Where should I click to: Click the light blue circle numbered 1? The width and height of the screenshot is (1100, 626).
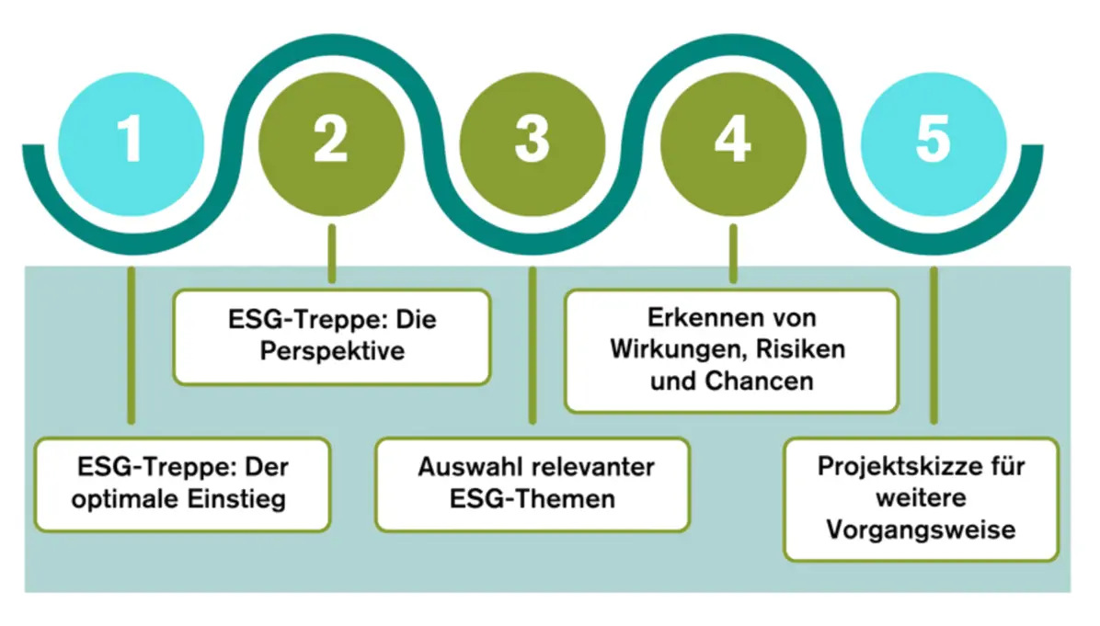131,142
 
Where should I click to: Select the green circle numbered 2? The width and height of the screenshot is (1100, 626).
331,142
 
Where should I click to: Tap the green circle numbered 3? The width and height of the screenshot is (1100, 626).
532,142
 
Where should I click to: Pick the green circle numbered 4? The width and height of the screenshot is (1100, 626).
732,142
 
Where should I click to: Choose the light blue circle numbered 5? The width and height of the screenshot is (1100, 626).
933,142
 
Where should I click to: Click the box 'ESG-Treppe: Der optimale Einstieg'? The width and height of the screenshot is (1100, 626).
182,484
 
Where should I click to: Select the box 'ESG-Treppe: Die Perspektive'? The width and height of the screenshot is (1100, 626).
331,336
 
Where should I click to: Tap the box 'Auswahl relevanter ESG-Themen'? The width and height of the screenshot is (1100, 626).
532,484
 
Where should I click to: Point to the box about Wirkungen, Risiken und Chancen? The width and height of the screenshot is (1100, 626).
731,350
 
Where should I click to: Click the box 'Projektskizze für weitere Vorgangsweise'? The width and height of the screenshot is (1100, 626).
921,498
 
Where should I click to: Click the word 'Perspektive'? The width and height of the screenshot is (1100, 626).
331,351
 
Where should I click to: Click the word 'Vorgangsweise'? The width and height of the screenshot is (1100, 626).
921,530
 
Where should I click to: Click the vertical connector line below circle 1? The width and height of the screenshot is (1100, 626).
132,345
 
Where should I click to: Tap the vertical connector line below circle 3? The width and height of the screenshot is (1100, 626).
532,345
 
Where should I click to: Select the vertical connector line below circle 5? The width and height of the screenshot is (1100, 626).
934,345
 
